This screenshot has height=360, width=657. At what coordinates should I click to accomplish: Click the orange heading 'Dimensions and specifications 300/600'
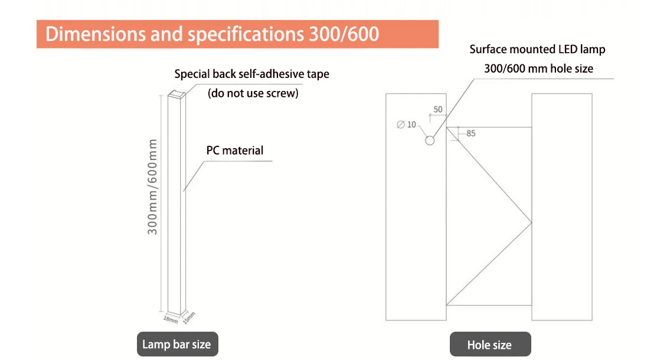tap(212, 34)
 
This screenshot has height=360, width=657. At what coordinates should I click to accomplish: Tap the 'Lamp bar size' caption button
tap(176, 345)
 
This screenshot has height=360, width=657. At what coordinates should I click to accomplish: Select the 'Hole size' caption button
tap(489, 345)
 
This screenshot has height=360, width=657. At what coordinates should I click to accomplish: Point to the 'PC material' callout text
tap(235, 150)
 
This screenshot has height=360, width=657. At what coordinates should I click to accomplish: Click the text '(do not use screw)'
tap(253, 93)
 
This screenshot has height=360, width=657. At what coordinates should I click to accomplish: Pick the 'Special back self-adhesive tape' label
tap(251, 74)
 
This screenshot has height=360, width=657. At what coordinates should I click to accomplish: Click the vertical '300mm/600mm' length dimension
tap(153, 186)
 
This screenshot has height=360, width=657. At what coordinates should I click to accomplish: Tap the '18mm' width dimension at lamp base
tap(170, 319)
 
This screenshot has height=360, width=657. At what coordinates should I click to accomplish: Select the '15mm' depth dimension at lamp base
tap(188, 318)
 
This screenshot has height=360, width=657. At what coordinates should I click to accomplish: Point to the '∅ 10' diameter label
tap(407, 125)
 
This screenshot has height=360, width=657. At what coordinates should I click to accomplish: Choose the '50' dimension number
tap(437, 109)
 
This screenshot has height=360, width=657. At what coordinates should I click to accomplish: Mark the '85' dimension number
tap(470, 133)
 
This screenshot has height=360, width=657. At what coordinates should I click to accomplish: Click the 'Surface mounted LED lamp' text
tap(537, 50)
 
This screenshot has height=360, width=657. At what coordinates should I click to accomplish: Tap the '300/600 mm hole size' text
tap(538, 68)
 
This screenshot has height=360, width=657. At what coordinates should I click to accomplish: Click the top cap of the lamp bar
tap(177, 94)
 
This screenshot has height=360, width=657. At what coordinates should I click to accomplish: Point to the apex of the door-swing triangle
tap(531, 222)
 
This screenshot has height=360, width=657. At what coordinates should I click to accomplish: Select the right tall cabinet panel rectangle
tap(561, 207)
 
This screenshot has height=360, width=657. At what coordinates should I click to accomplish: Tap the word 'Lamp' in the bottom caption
tap(156, 345)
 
